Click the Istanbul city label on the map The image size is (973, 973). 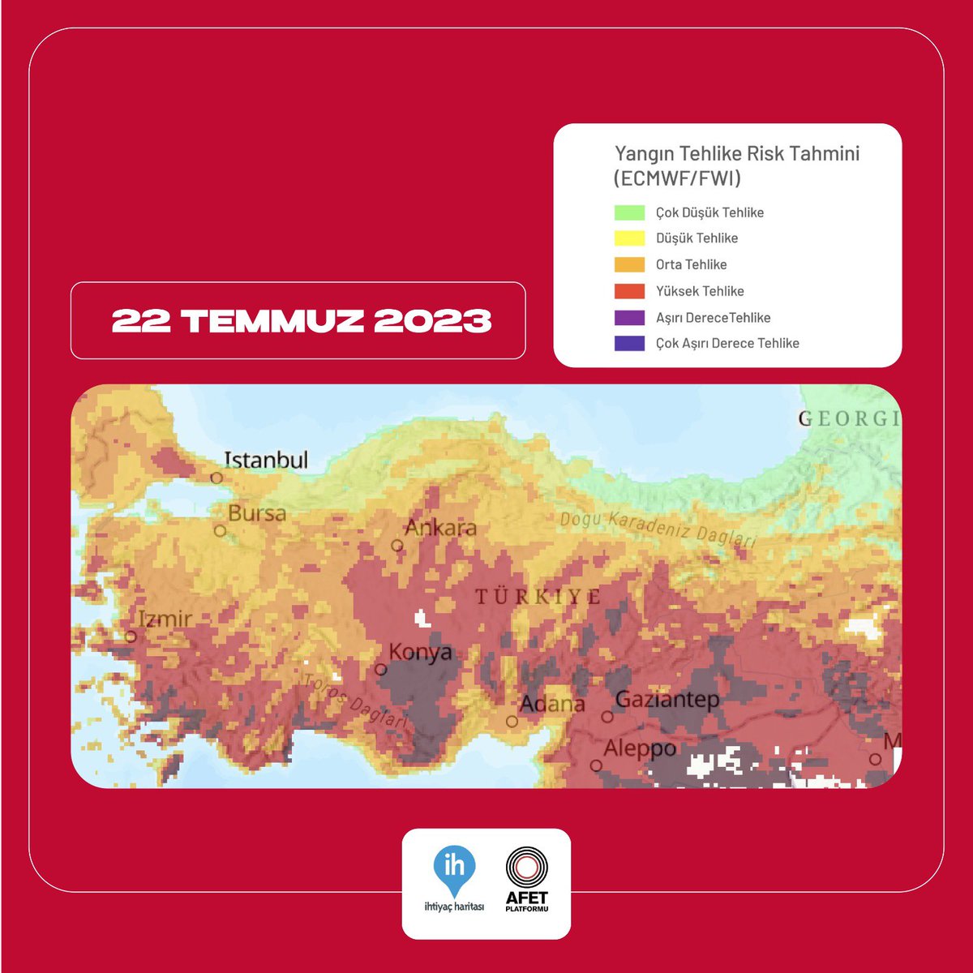[x=266, y=461]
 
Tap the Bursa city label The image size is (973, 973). [x=257, y=513]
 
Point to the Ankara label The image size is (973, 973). [x=440, y=528]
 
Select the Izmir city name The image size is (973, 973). [x=165, y=619]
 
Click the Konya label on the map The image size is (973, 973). [x=420, y=652]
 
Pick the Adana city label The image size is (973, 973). [x=552, y=704]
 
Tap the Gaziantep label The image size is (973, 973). [x=667, y=699]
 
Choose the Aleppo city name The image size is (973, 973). [x=640, y=748]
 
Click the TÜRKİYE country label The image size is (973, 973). [x=538, y=598]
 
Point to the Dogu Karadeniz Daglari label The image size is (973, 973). [x=658, y=529]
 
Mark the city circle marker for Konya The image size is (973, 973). [x=381, y=670]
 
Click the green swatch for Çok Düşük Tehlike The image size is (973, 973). [x=629, y=213]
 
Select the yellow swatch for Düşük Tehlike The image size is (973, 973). [x=629, y=238]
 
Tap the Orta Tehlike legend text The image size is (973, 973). [x=691, y=265]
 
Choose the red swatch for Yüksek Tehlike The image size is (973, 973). [x=629, y=291]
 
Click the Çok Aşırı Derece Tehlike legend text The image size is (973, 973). [x=727, y=344]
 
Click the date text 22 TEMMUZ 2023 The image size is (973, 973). [x=302, y=321]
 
